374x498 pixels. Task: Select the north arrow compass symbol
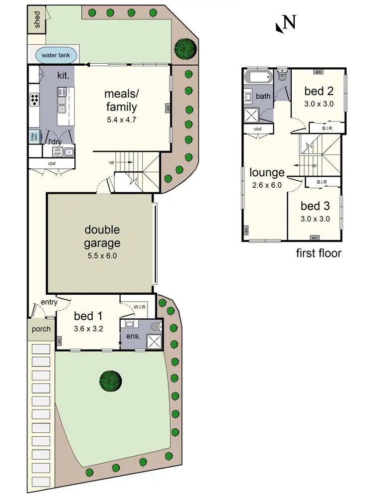coord(286,23)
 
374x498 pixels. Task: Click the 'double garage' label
coord(102,237)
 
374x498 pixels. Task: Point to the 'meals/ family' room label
coord(120,100)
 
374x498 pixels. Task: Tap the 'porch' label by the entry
coord(41,329)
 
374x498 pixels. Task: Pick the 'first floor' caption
coord(319,253)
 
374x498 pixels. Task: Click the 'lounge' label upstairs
coord(267,173)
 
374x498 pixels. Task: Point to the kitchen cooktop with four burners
coord(35,100)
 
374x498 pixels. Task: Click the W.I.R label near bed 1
coord(140,307)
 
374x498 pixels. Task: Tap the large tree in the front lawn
coord(110,381)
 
